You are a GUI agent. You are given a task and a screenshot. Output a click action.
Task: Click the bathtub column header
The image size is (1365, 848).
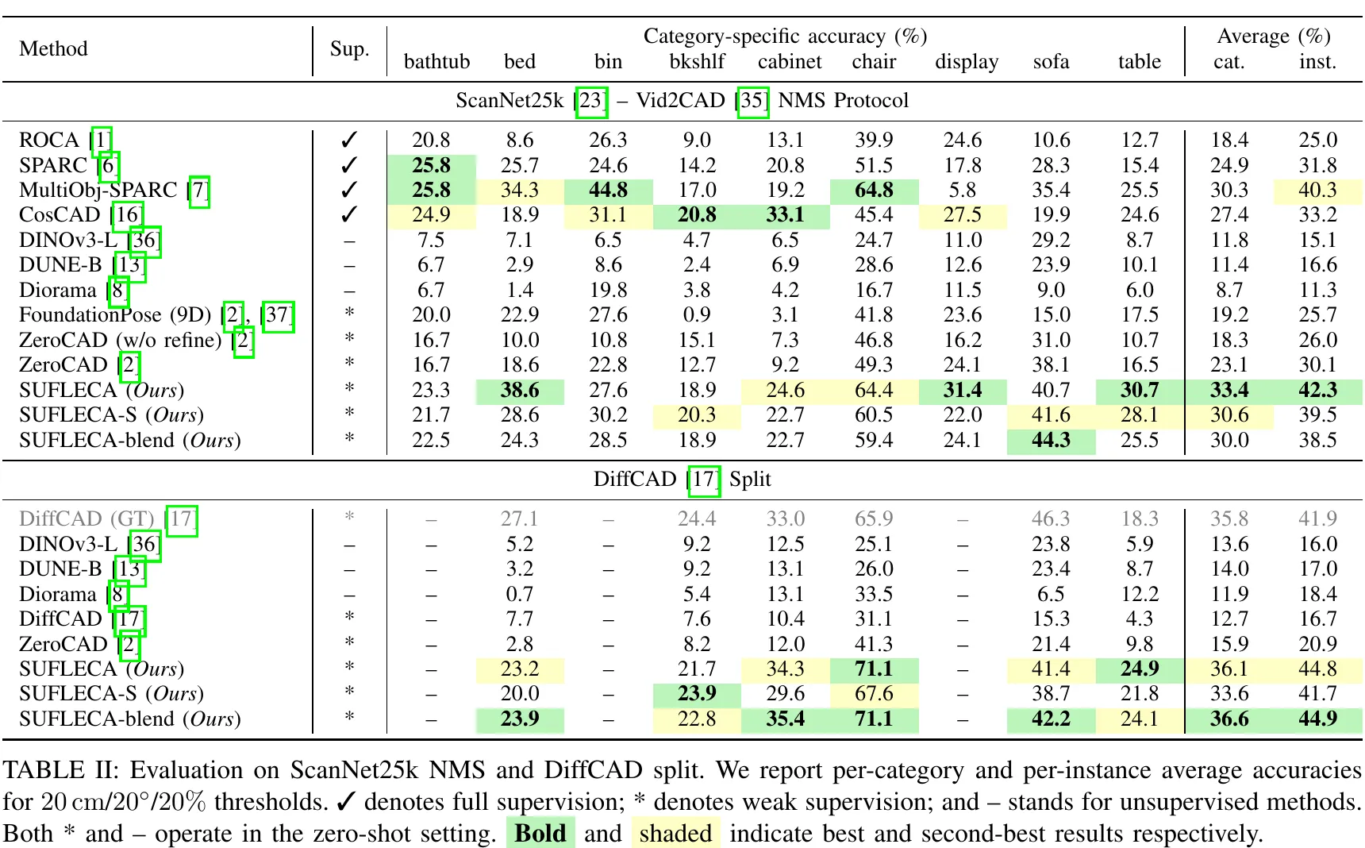[436, 61]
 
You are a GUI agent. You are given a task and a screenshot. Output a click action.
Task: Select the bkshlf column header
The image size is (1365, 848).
[697, 61]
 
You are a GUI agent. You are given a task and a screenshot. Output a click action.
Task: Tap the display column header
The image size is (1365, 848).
[967, 62]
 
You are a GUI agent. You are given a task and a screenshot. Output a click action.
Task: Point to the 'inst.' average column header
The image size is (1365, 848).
[1317, 61]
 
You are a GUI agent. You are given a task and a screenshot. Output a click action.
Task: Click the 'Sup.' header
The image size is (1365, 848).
[349, 48]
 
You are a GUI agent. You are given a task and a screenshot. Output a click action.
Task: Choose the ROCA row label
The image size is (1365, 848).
[49, 140]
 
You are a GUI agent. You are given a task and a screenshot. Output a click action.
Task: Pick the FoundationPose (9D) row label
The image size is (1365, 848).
[115, 315]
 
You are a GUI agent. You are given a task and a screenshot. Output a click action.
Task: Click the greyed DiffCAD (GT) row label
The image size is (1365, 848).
[87, 519]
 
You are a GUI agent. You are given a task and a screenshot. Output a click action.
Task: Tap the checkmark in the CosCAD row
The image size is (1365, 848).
[349, 214]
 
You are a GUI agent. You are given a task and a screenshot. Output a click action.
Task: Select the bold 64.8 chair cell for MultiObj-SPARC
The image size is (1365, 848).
[874, 190]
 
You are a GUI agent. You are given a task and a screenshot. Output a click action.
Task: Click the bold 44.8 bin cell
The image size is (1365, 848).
[608, 190]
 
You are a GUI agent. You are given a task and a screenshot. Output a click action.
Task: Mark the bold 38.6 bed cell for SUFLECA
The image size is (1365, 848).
[520, 390]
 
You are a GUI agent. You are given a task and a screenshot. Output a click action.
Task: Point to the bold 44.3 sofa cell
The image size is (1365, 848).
[1051, 440]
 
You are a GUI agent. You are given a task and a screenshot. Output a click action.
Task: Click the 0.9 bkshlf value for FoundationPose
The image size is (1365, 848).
[697, 315]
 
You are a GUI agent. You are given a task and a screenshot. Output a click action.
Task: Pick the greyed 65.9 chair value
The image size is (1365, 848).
[874, 519]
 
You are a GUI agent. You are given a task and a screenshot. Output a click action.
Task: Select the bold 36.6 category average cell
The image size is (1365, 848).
[1229, 719]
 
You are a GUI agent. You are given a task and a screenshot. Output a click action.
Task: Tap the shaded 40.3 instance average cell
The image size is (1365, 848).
[1317, 190]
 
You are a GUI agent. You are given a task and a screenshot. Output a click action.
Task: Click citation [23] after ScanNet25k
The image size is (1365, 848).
[591, 101]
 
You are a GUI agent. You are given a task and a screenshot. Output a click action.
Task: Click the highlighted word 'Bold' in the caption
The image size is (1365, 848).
[540, 833]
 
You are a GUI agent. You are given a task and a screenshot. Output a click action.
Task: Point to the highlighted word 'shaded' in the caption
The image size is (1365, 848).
[675, 833]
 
